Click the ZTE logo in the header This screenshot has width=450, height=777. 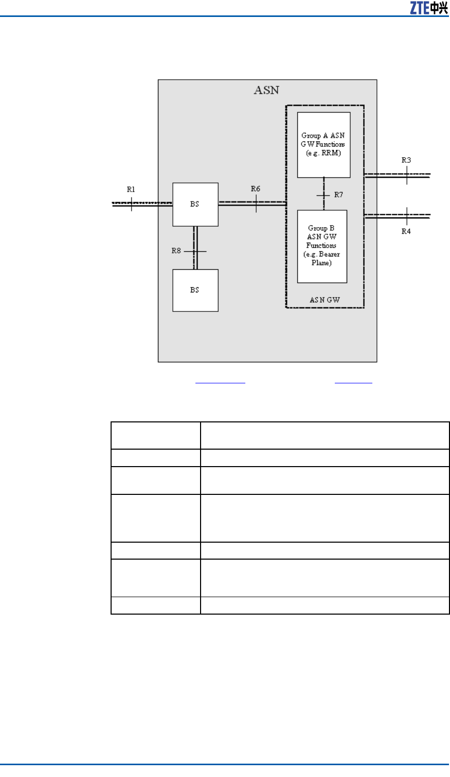click(x=429, y=8)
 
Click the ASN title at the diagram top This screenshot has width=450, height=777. click(x=266, y=90)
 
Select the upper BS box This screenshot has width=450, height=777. click(x=195, y=205)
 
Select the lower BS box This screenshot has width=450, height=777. click(x=195, y=290)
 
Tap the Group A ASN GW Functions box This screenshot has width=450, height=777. click(x=323, y=145)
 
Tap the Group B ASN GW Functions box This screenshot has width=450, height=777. click(x=322, y=246)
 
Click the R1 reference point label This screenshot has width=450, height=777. click(x=131, y=190)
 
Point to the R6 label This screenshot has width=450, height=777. click(x=256, y=189)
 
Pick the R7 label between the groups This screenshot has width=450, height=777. click(x=338, y=195)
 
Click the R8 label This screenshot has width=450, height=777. click(x=176, y=250)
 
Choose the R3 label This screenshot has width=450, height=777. click(x=406, y=160)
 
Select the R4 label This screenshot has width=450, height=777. click(x=406, y=231)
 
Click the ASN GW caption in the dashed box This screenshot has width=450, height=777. click(x=325, y=300)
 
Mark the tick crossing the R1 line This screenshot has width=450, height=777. click(x=131, y=204)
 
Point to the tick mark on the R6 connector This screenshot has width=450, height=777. click(x=256, y=203)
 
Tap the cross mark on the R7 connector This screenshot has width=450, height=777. click(x=323, y=196)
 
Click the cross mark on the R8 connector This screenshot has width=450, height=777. click(x=195, y=251)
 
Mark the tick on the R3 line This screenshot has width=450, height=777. click(x=407, y=175)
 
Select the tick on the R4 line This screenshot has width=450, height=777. click(x=407, y=216)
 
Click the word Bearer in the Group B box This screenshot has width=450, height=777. click(x=329, y=254)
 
